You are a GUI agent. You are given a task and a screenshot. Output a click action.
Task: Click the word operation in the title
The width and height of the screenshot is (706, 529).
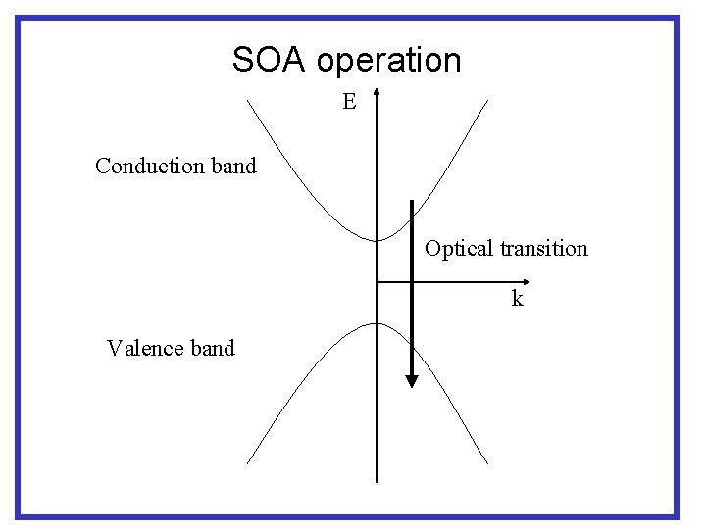pos(389,62)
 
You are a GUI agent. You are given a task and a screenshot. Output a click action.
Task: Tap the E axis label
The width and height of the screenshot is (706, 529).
pos(349,101)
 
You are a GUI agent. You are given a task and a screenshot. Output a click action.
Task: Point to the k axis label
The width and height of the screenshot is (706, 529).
pos(517,299)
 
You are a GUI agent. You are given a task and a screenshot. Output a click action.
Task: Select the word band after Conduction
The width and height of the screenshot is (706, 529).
pos(233,166)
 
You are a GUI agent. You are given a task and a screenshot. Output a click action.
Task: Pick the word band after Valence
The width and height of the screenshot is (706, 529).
pos(213,348)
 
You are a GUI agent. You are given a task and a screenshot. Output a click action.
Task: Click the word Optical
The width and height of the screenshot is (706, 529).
pos(459,248)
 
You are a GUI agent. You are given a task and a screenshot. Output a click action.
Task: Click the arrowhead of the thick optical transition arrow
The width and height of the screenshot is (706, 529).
pos(412,380)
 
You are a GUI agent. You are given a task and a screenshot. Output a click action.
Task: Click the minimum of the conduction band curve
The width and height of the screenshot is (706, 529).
pos(377,240)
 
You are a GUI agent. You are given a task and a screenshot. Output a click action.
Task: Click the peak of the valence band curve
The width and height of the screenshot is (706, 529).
pos(377,323)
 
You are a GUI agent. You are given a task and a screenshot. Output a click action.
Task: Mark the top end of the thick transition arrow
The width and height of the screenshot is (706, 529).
pos(412,201)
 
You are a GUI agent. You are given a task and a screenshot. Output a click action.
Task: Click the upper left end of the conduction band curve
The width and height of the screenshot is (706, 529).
pos(247,100)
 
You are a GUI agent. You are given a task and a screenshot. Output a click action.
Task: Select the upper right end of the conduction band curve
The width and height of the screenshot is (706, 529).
pos(487,100)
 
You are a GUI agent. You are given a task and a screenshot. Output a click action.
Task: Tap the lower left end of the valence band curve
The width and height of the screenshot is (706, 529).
pos(247,462)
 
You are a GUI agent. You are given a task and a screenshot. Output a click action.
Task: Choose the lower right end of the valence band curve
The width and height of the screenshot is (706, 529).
pos(487,462)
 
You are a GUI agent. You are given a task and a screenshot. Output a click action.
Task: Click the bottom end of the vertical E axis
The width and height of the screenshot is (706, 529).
pos(377,482)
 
